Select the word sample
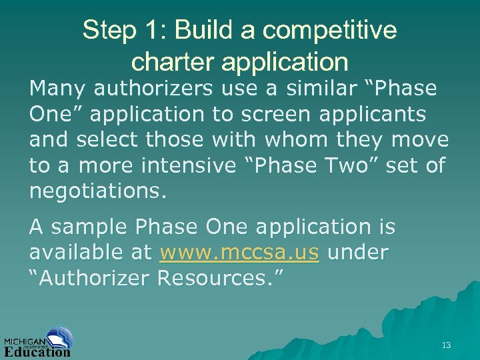[90, 227]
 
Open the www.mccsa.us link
[239, 253]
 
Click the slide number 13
[446, 345]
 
